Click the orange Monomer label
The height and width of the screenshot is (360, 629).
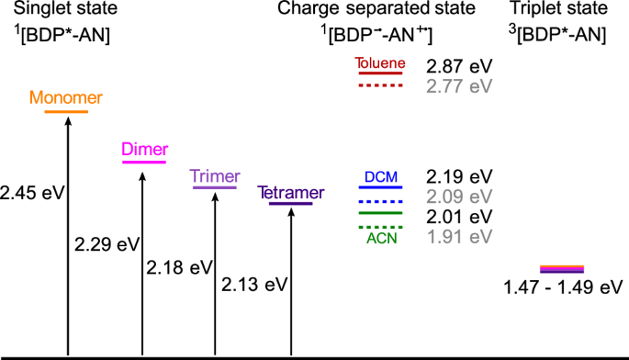[65, 98]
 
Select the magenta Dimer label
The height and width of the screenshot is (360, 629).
[145, 151]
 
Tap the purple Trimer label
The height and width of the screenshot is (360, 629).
[215, 176]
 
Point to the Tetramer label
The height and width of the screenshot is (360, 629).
[291, 193]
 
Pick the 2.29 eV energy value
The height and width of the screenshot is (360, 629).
[104, 244]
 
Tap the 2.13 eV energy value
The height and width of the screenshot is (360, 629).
[254, 285]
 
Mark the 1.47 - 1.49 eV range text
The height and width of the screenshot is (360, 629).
[563, 287]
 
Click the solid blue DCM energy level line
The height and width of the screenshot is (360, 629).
[379, 187]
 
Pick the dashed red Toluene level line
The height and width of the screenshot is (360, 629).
[379, 85]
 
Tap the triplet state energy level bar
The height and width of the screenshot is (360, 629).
[562, 269]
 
